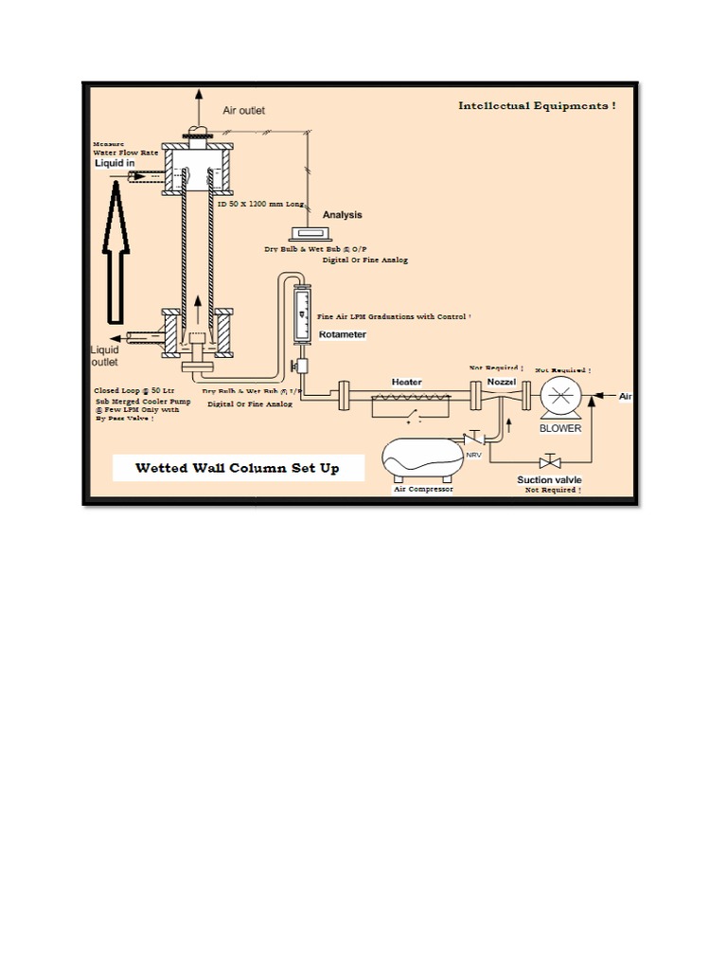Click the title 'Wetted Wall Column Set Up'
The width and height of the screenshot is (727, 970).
237,468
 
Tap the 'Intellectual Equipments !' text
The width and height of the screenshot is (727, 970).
537,106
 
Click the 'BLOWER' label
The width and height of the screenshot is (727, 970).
560,428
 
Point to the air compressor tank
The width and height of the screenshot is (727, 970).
423,459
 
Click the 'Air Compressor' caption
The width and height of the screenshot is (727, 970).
423,489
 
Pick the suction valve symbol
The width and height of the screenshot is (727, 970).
547,461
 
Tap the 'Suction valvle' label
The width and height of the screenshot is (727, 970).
549,479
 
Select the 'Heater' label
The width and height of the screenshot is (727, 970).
407,382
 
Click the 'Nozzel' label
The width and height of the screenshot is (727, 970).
501,381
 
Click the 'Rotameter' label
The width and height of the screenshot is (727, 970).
342,334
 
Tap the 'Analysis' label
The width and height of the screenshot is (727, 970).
342,215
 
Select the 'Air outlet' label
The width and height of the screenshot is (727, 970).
244,111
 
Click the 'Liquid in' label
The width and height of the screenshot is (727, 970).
115,163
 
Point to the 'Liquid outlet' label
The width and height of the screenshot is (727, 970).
104,355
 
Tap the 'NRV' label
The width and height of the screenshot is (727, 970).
473,455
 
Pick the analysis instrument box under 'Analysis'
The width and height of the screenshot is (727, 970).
309,233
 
